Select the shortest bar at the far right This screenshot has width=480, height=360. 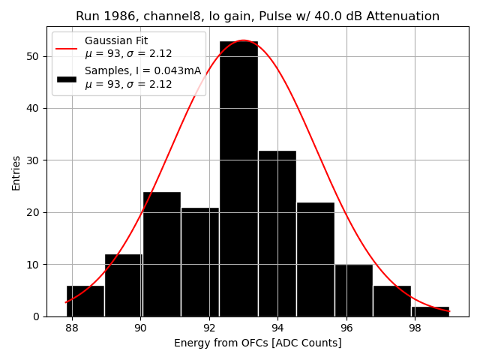[x=430, y=311]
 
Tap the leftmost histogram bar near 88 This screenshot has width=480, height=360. [x=85, y=301]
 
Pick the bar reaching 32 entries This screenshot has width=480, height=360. [x=277, y=233]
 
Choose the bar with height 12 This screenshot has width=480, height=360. [x=123, y=285]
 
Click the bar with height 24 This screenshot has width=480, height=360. [x=161, y=254]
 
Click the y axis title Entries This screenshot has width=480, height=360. [x=16, y=172]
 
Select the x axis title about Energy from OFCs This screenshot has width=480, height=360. [x=257, y=343]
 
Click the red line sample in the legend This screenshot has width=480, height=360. [x=66, y=47]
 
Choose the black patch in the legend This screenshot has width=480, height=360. [x=66, y=78]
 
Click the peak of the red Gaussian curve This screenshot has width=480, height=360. [x=243, y=40]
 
